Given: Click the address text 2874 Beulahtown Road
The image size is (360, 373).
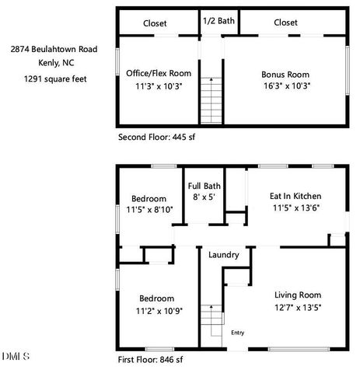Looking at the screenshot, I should [x=54, y=48].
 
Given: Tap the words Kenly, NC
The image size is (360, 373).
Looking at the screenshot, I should [x=54, y=63].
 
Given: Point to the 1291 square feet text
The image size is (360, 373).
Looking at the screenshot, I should [x=54, y=78].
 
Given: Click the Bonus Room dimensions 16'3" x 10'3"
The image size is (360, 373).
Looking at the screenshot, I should [x=285, y=86].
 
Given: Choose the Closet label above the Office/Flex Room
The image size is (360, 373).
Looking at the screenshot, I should [x=154, y=23].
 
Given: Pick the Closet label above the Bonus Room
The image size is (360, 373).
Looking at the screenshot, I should [x=285, y=23].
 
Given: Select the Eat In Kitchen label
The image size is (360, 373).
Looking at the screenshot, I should [x=296, y=196].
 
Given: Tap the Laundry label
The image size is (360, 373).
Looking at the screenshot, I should [x=223, y=255].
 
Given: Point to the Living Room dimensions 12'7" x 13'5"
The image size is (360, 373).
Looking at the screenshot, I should [x=298, y=308].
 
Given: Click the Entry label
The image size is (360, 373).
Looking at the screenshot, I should [x=238, y=333].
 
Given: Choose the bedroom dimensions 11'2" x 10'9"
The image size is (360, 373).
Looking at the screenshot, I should [x=156, y=311].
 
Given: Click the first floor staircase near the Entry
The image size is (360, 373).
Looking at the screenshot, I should [x=208, y=319].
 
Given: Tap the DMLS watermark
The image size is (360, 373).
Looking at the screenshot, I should [x=15, y=357].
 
